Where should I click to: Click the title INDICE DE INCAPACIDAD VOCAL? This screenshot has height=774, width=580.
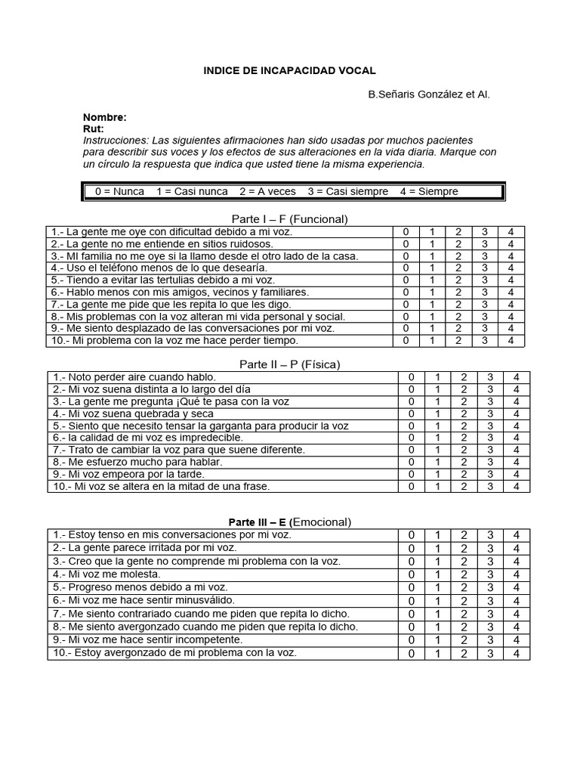pos(289,70)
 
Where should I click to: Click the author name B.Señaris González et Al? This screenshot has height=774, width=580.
pos(429,94)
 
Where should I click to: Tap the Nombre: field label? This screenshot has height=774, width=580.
pos(105,118)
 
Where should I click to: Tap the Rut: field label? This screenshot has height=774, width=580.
pos(93,129)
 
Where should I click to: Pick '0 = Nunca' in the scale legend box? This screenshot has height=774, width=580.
pos(119,191)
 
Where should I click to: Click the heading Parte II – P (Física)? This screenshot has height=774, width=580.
pos(289,364)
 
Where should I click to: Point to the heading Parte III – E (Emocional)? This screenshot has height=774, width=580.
pos(289,522)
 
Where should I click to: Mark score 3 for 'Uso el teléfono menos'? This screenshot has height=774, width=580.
pos(485,268)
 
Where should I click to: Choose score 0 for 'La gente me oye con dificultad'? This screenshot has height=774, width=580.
pos(406,232)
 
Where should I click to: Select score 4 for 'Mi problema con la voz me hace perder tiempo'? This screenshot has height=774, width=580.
pos(511,341)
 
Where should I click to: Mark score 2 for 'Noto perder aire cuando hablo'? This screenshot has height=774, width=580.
pos(464,377)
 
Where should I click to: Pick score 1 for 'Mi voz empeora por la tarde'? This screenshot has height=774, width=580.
pos(437,474)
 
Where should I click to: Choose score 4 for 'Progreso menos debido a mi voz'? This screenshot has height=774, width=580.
pos(516,587)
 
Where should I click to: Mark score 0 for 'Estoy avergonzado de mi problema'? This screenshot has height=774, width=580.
pos(412,653)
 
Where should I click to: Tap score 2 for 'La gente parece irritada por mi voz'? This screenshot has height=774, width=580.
pos(464,548)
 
